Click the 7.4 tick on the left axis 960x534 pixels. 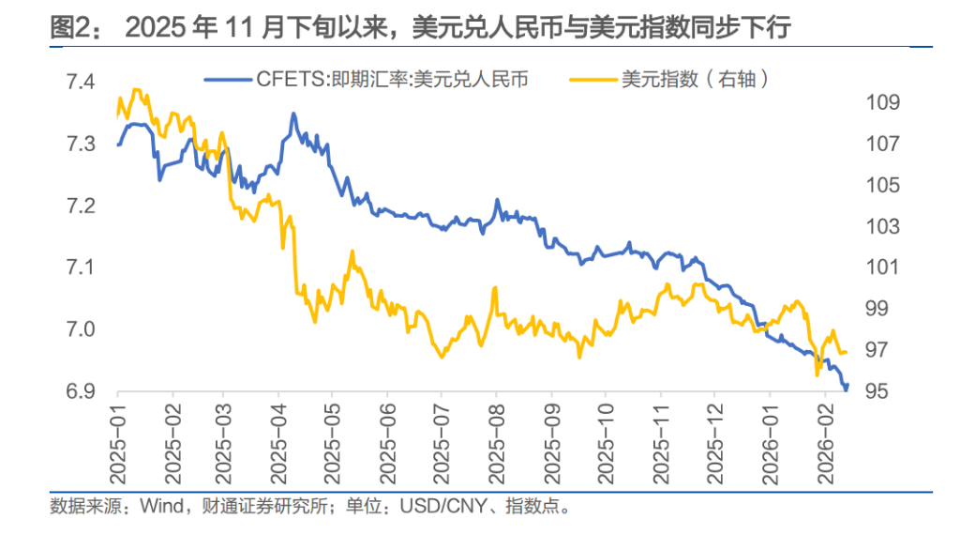81,83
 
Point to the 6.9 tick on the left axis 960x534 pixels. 81,391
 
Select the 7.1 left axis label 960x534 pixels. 81,268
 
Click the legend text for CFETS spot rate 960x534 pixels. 391,80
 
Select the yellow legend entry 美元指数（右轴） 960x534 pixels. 695,80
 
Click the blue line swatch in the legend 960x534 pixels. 228,80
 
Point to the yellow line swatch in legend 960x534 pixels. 592,80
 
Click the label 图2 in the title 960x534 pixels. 71,28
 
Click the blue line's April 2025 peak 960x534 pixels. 293,114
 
